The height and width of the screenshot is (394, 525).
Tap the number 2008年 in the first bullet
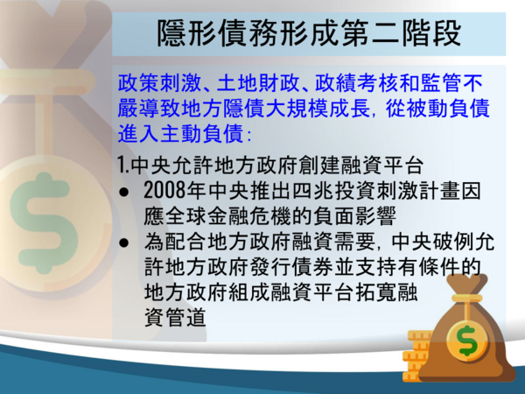[x=175, y=191]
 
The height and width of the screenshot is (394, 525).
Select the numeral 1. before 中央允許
[x=123, y=165]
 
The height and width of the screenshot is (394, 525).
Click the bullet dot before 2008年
[x=124, y=192]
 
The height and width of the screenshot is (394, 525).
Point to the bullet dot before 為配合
[x=124, y=243]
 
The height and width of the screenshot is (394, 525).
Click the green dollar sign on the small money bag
[x=467, y=341]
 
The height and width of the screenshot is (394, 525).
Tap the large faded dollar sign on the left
[x=44, y=223]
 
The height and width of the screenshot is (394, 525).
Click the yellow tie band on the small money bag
[x=466, y=299]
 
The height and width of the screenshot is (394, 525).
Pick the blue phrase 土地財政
[x=258, y=83]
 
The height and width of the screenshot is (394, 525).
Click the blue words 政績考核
[x=356, y=83]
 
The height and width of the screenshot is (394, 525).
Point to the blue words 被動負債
[x=448, y=109]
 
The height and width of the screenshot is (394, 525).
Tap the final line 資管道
[x=175, y=317]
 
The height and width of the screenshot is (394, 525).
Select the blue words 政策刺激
[x=159, y=83]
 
